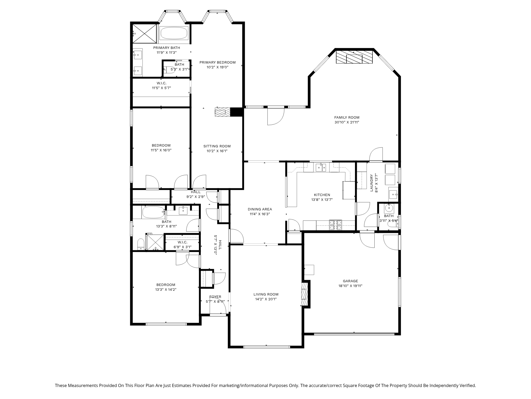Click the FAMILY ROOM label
(x=347, y=117)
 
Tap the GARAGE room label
(x=350, y=281)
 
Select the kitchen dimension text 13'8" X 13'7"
(x=322, y=199)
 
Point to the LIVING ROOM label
(x=266, y=294)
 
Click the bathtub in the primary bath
(x=174, y=34)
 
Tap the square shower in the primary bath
(x=145, y=33)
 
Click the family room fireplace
(x=354, y=57)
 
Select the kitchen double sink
(x=321, y=167)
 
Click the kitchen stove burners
(x=336, y=225)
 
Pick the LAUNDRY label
(x=371, y=183)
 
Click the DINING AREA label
(x=260, y=209)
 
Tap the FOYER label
(x=215, y=297)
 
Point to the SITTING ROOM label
(x=217, y=146)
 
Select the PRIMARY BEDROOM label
(x=218, y=63)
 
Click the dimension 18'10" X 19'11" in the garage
(x=350, y=286)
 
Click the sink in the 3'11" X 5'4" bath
(x=389, y=207)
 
